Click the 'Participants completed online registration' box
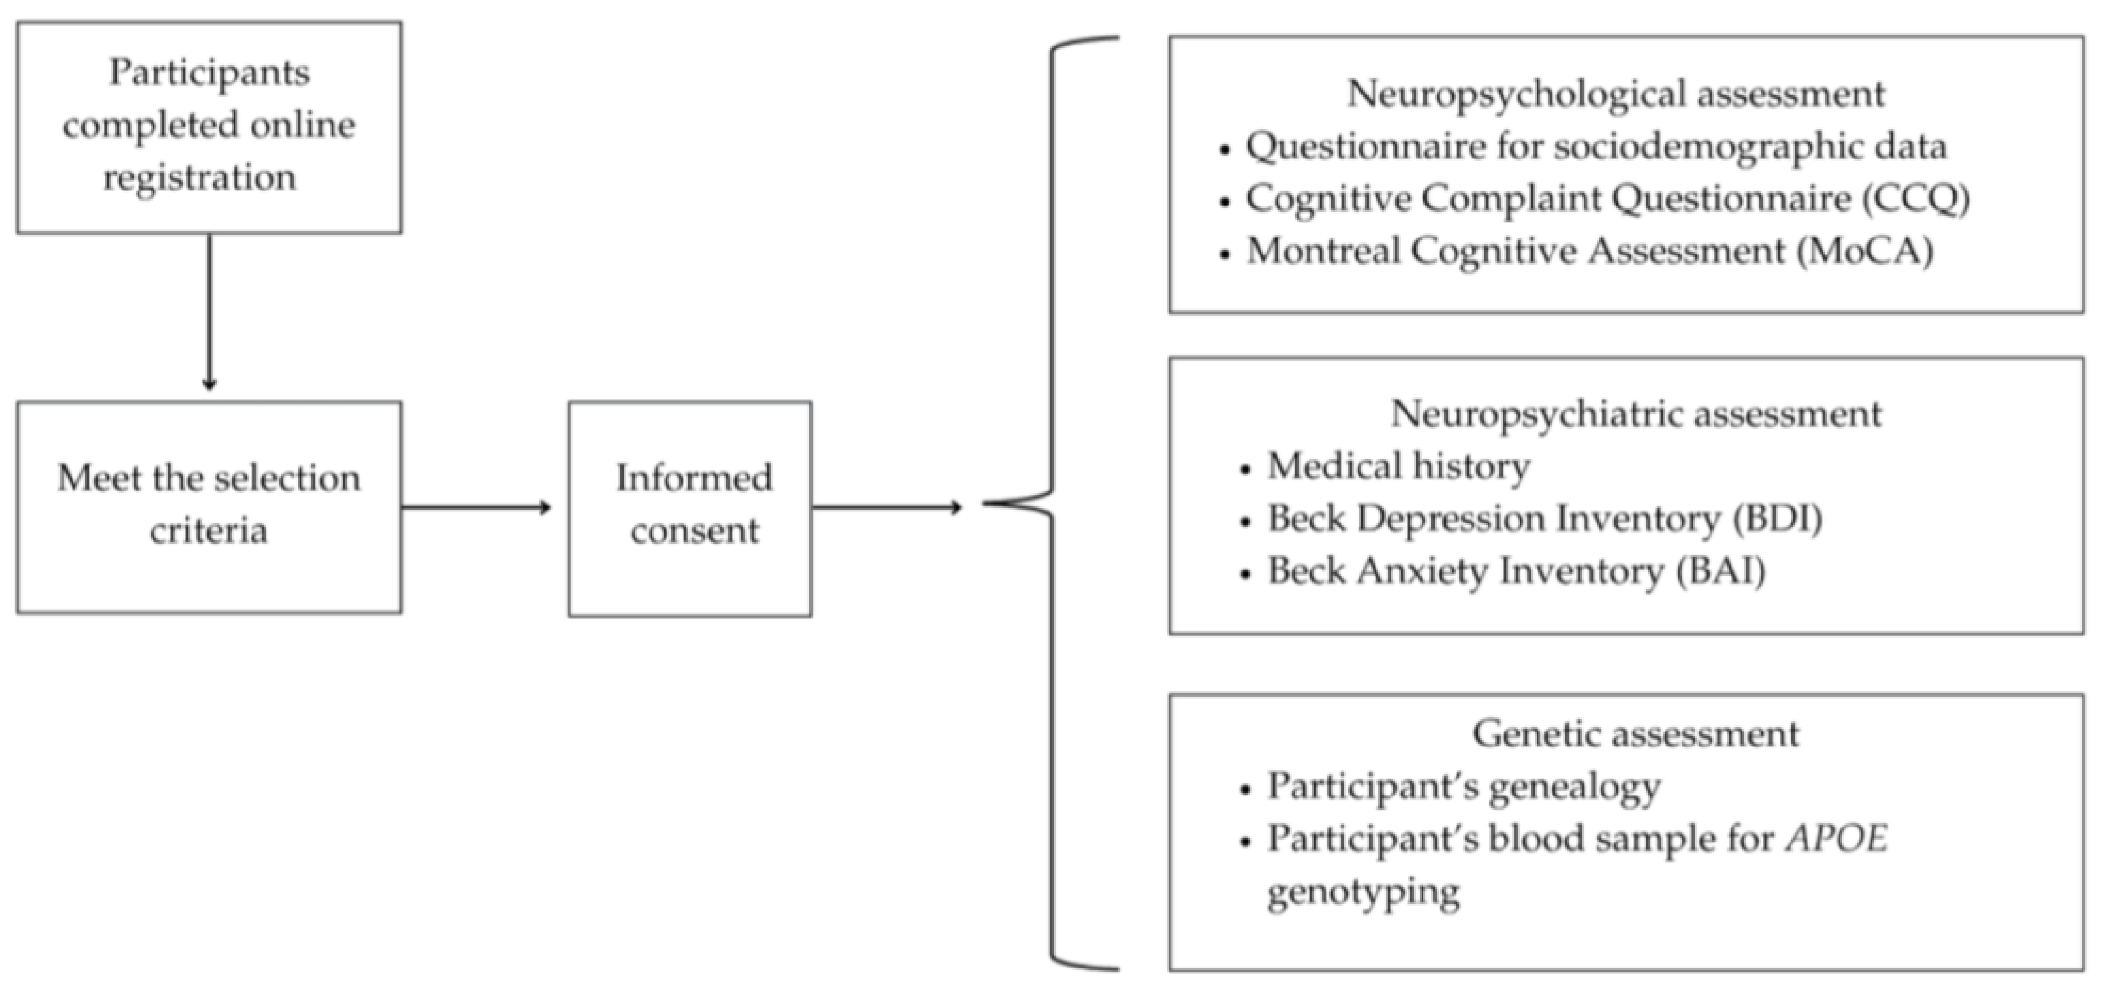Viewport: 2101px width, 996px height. pos(209,127)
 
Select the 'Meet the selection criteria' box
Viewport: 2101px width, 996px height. pos(209,507)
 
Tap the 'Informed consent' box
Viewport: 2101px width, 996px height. pos(690,508)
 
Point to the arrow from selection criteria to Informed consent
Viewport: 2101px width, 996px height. pos(477,508)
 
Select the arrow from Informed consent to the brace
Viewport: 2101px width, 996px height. pos(887,508)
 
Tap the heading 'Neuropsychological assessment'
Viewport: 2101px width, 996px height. pos(1616,94)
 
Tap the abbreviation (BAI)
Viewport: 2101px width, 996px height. pos(1721,571)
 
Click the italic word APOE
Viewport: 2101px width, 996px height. pos(1836,838)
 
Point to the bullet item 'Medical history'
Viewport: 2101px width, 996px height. pos(1398,467)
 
